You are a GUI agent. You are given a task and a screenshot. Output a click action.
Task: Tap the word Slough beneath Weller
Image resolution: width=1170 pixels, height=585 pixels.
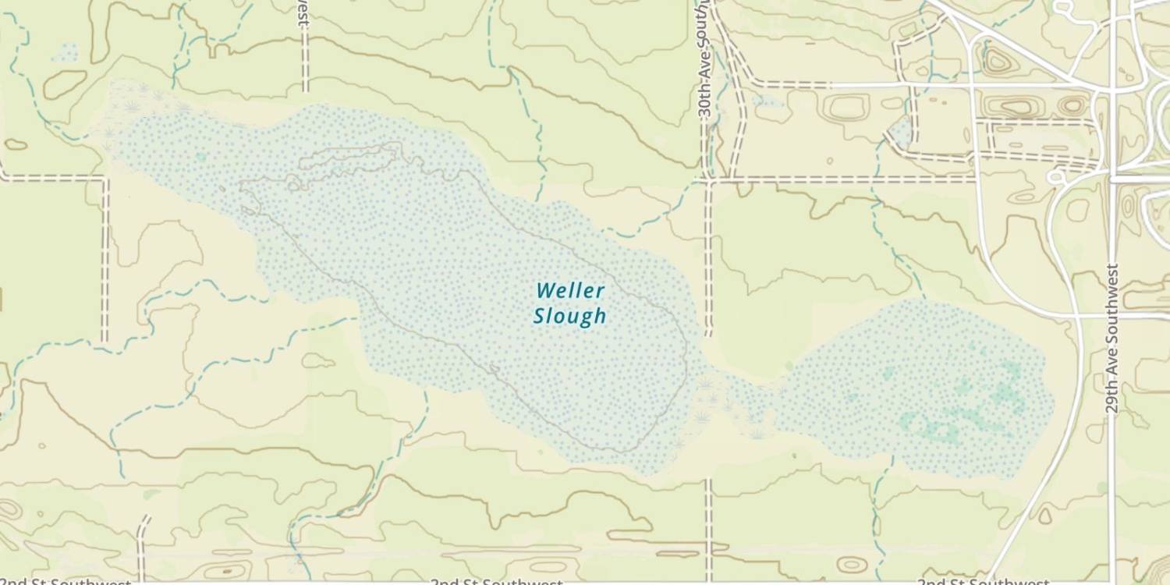(569, 316)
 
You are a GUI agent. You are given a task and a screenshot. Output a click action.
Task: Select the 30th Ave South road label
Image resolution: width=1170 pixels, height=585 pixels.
(704, 70)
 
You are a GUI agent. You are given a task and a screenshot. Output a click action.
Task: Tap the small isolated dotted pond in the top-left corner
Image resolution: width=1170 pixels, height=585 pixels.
(65, 53)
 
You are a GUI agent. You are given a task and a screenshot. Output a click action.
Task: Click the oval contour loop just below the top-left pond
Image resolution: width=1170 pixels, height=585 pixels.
(64, 84)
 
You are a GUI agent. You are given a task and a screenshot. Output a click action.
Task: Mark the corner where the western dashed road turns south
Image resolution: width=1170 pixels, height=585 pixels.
(105, 178)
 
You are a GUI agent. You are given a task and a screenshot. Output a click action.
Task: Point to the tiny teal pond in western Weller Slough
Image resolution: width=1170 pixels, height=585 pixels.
(201, 157)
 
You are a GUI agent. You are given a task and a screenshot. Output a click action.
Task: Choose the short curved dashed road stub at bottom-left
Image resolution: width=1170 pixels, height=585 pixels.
(142, 538)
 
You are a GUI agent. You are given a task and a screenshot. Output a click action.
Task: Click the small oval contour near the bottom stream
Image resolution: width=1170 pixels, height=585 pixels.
(851, 564)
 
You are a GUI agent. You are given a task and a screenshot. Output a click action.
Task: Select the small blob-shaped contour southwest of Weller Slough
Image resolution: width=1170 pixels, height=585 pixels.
(317, 360)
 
